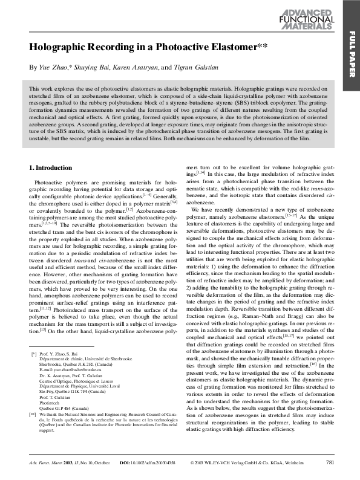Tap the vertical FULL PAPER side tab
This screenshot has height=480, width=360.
[350, 55]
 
